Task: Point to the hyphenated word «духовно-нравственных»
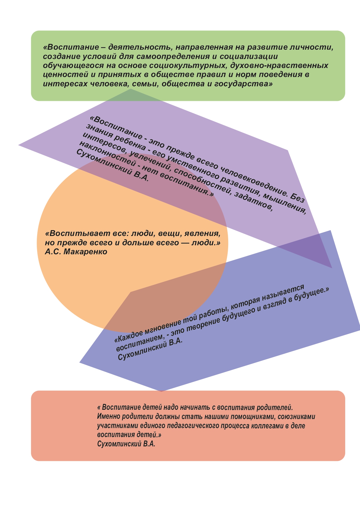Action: click(x=279, y=65)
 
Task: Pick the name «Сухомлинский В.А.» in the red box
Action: click(x=126, y=444)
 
